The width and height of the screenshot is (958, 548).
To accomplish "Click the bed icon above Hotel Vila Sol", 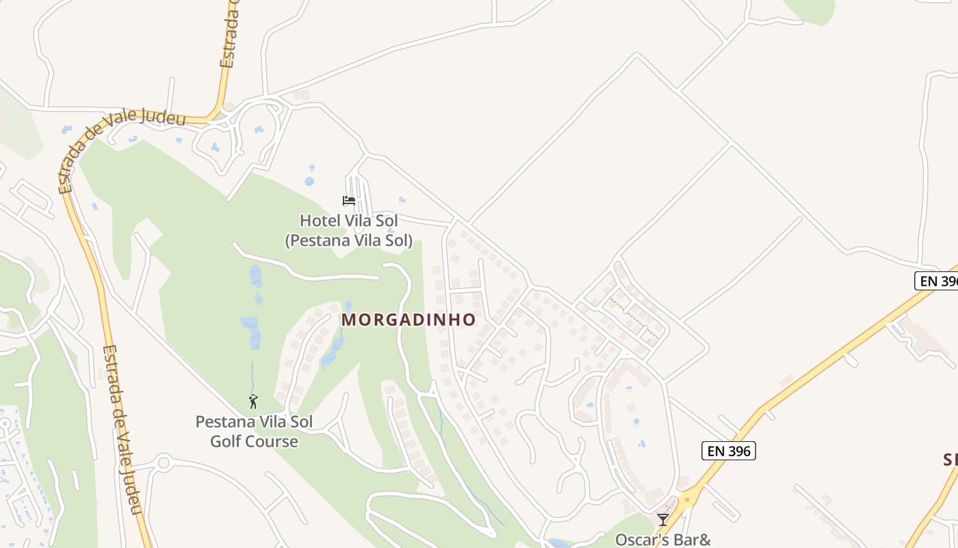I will tap(349, 201).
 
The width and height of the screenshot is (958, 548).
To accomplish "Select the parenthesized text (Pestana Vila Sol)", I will tap(349, 240).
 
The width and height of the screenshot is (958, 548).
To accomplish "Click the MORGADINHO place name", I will tap(409, 320).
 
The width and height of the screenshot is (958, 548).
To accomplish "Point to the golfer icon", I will tap(253, 401).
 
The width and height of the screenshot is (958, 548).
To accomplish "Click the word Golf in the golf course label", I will tap(226, 441).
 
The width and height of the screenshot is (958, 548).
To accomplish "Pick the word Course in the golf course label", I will tap(272, 441).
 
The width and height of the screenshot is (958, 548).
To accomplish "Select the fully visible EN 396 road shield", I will tap(728, 450).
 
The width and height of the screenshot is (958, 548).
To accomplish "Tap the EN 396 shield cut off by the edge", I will tap(937, 281).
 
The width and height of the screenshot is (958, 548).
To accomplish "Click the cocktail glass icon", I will tap(662, 520).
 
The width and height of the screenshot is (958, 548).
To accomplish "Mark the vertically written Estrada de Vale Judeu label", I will tap(122, 428).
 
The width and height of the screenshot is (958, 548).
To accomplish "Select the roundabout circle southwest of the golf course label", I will tap(163, 462).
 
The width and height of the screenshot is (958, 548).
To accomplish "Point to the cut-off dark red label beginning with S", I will tap(950, 460).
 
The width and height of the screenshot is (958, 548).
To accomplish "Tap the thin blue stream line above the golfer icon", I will tap(252, 377).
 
